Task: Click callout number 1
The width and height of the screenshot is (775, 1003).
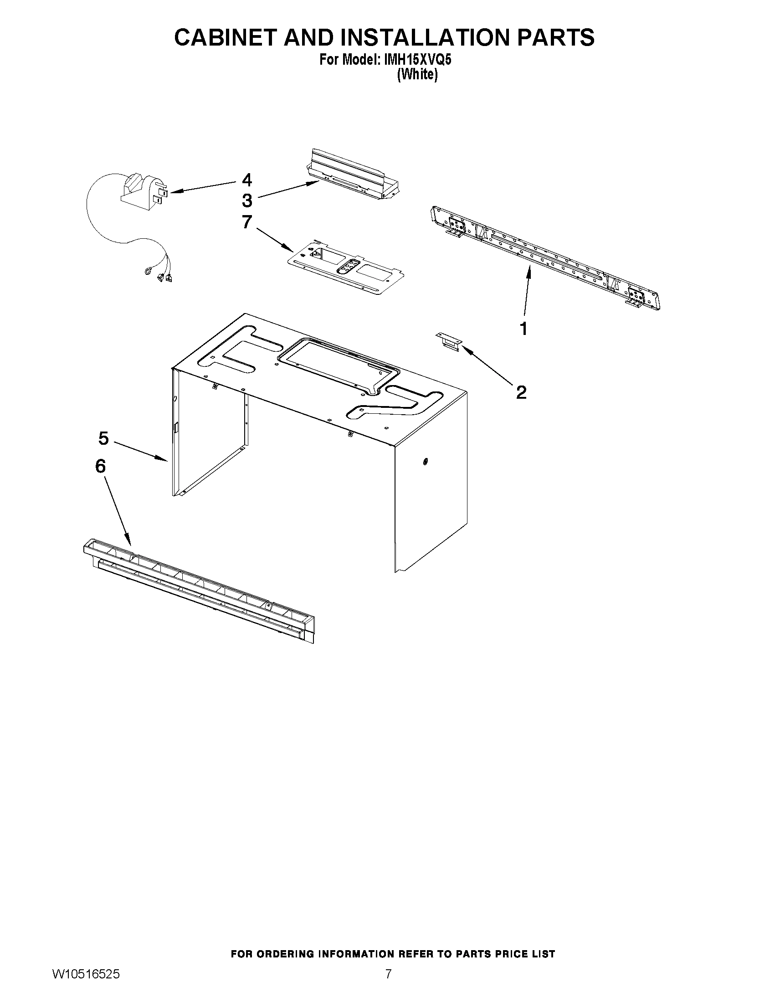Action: coord(524,329)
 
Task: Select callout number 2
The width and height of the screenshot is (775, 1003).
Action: coord(521,392)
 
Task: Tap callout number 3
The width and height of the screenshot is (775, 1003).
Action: coord(247,201)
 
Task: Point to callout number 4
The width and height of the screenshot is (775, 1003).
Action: coord(247,180)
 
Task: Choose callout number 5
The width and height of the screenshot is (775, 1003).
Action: coord(103,438)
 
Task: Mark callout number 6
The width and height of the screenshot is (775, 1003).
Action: coord(101,466)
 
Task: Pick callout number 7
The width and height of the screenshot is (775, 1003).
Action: coord(247,222)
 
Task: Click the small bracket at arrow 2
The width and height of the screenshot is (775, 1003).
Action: coord(449,342)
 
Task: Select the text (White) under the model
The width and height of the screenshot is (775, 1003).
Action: coord(417,75)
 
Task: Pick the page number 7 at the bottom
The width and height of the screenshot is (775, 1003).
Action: coord(388,986)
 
